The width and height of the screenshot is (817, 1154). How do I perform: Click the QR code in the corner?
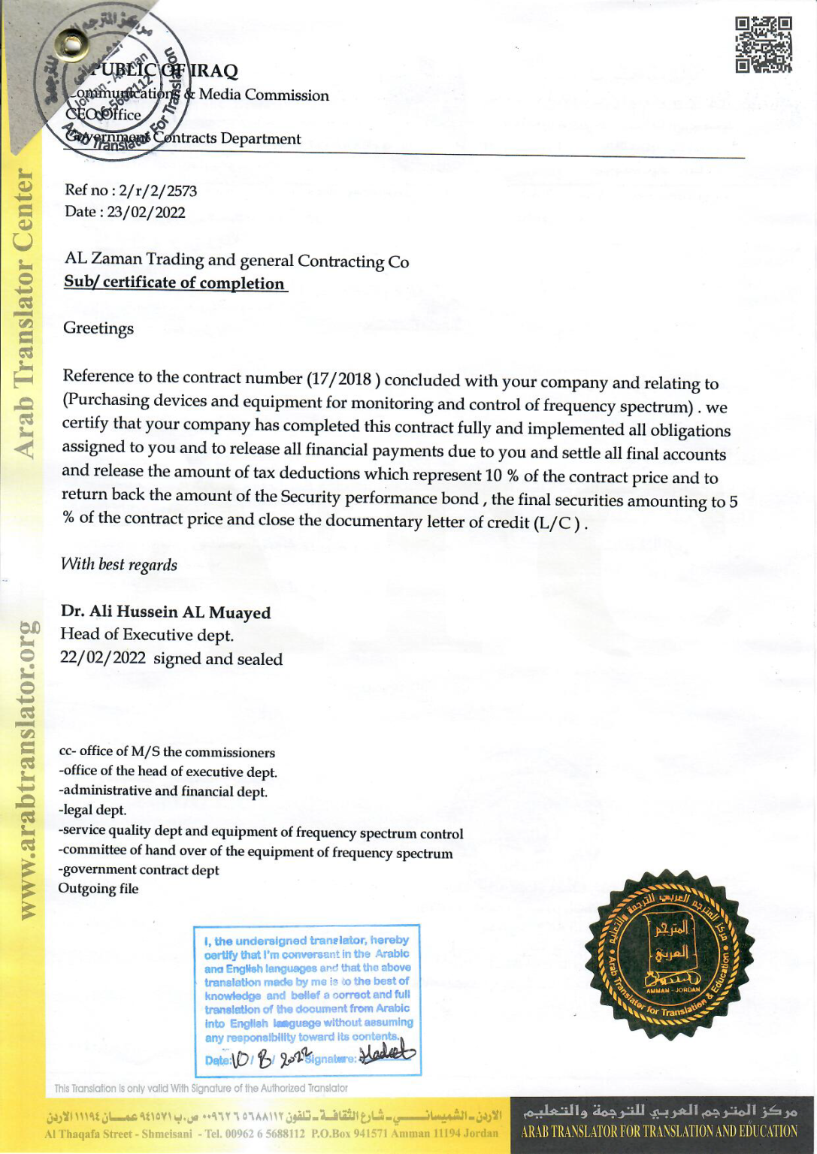pos(763,45)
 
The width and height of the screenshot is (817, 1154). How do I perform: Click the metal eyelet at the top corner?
pos(72,46)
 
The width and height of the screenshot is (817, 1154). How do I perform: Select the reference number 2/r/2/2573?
pos(158,191)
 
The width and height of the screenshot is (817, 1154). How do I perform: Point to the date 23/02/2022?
pos(146,212)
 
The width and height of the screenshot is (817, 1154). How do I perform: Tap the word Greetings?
pos(98,328)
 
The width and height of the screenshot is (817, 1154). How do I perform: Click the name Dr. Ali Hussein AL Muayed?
pos(165,612)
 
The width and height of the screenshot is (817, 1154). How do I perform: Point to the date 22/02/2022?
pos(103,658)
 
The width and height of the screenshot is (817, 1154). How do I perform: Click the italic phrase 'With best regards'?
pos(119,564)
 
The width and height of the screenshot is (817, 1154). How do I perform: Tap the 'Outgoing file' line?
pos(98,889)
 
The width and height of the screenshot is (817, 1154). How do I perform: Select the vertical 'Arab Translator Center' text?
pos(24,314)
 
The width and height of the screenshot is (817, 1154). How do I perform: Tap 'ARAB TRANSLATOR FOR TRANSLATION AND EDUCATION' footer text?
pos(659,1131)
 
